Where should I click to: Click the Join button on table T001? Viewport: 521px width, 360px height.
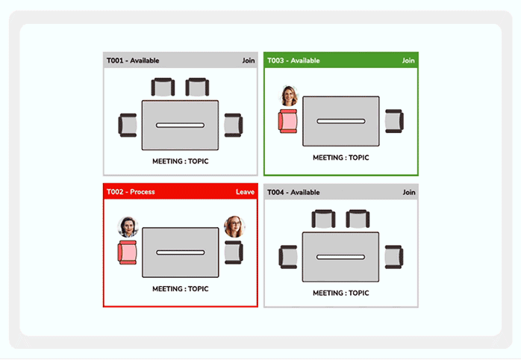coord(248,60)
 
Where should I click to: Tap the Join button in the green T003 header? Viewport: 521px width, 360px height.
coord(408,60)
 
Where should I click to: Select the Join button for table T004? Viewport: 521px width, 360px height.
coord(408,192)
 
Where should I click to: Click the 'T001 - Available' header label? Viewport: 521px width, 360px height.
coord(133,60)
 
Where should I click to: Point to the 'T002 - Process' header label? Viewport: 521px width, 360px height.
coord(131,192)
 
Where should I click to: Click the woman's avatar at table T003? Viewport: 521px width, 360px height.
coord(289,96)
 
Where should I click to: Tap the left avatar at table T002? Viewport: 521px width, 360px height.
coord(128,227)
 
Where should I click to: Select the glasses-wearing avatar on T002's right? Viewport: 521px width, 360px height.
coord(234,227)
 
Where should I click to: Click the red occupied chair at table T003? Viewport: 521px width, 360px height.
coord(287,121)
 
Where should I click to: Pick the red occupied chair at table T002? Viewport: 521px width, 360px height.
coord(127,252)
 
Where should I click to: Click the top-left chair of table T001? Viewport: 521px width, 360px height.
coord(163,87)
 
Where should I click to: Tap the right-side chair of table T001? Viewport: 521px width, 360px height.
coord(234,125)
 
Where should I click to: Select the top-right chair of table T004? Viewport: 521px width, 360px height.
coord(358,219)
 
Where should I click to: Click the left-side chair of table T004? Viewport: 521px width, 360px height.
coord(288,257)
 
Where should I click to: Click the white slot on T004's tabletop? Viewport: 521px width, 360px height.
coord(340,257)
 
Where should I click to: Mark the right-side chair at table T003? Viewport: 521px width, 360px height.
coord(394,121)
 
